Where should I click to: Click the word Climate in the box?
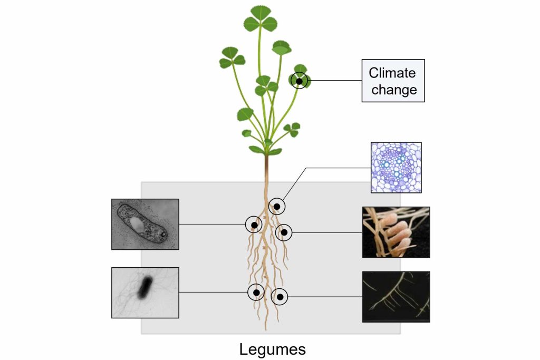click(x=392, y=73)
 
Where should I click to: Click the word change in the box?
click(x=394, y=90)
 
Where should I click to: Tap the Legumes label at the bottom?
click(x=273, y=349)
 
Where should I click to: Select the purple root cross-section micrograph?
click(x=396, y=167)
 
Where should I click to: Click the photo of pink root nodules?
click(x=396, y=232)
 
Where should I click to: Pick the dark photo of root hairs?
click(x=396, y=297)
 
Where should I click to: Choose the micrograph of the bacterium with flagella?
click(x=146, y=293)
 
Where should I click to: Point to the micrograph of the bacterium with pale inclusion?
click(x=146, y=224)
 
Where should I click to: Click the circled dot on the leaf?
click(x=300, y=81)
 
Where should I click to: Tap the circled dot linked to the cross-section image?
click(x=277, y=207)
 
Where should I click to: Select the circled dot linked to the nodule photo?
click(x=284, y=232)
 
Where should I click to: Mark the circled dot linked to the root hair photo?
click(x=279, y=297)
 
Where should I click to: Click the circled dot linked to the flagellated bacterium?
click(x=256, y=293)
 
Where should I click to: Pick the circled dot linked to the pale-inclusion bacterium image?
click(x=254, y=225)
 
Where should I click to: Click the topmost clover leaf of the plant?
click(x=261, y=19)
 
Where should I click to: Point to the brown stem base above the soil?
click(x=266, y=169)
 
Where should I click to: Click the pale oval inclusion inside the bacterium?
click(x=137, y=224)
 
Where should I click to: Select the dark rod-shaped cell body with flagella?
click(x=146, y=287)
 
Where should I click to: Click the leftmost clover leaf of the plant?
click(x=232, y=58)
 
